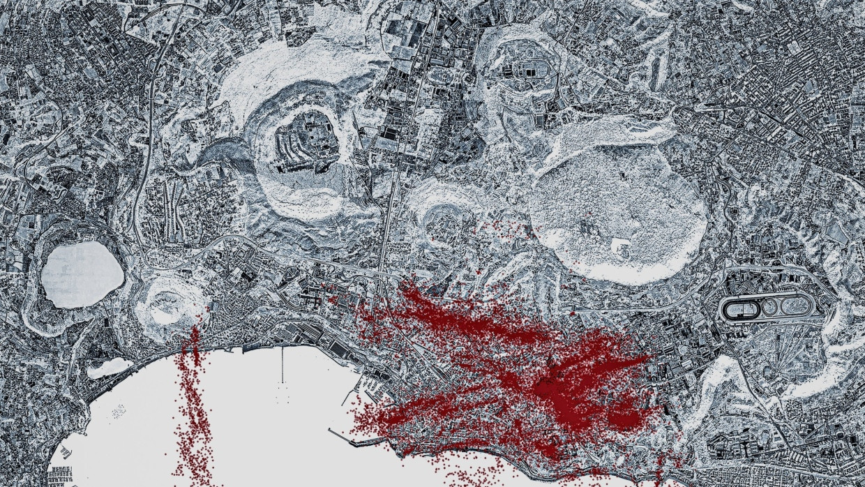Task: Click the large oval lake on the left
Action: pyautogui.click(x=82, y=274)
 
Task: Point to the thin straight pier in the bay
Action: pyautogui.click(x=283, y=364)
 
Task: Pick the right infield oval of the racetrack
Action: pyautogui.click(x=792, y=307)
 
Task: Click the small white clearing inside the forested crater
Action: pyautogui.click(x=619, y=245)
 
